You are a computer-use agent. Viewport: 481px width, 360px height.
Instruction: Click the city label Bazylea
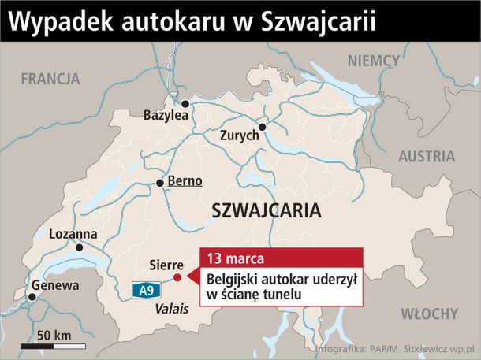[x=166, y=115]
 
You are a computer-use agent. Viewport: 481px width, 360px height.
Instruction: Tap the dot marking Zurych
[x=263, y=126]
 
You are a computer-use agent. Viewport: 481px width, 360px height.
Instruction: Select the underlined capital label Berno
[x=185, y=180]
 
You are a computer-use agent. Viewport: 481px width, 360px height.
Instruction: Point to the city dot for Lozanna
[x=79, y=247]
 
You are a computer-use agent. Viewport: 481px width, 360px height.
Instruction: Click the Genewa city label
[x=55, y=285]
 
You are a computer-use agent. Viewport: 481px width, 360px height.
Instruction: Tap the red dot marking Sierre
[x=177, y=277]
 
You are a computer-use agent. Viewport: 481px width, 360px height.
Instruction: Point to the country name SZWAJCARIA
[x=267, y=211]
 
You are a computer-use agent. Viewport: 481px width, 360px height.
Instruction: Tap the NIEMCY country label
[x=375, y=61]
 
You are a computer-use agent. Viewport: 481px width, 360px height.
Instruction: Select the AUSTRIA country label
[x=427, y=156]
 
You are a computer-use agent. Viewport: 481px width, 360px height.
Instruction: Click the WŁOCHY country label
[x=429, y=314]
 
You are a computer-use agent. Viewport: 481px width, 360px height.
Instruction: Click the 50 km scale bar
[x=53, y=345]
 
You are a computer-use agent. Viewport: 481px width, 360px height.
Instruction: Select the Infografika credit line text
[x=397, y=347]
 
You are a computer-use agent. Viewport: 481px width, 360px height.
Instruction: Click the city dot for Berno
[x=160, y=183]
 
